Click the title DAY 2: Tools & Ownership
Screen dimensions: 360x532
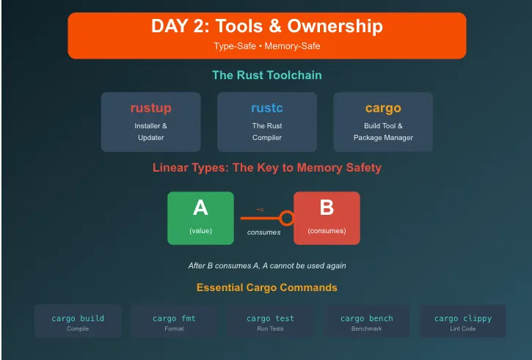tap(266, 27)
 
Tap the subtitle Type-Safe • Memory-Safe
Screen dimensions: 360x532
tap(266, 45)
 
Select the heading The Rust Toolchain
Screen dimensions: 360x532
tap(266, 75)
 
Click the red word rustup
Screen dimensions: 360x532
tap(150, 109)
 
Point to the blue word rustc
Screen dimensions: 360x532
tap(267, 109)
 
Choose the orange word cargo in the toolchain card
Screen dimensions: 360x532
tap(383, 109)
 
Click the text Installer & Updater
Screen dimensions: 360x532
tap(150, 131)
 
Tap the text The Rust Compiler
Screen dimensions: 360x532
tap(267, 131)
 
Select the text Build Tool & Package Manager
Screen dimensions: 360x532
tap(383, 131)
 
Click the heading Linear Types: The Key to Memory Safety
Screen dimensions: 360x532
tap(266, 167)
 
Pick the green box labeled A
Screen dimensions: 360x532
tap(200, 218)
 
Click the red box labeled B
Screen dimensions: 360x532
tap(327, 218)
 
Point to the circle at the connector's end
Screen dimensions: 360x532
tap(286, 218)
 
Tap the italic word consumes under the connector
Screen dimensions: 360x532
tap(263, 232)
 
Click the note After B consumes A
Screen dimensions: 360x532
tap(266, 265)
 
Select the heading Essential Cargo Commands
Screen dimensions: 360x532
tap(266, 287)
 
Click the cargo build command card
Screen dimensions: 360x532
tap(78, 321)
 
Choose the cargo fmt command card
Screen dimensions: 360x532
tap(174, 321)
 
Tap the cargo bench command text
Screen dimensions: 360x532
tap(366, 318)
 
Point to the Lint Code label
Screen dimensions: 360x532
tap(463, 328)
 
